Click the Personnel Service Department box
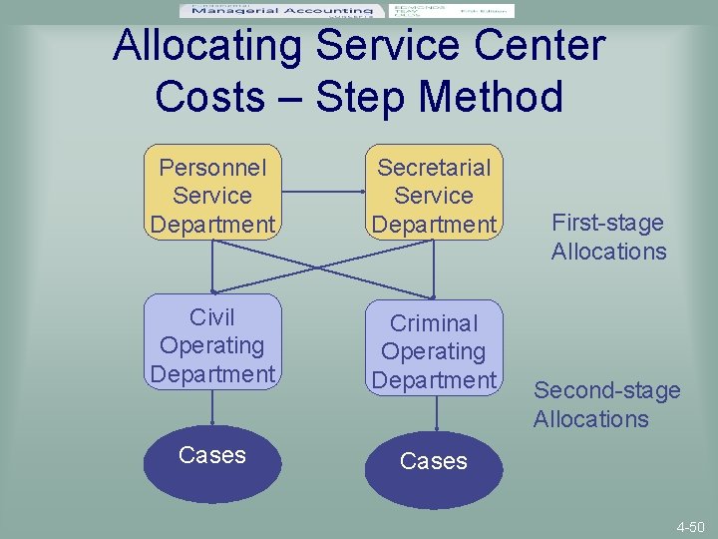[211, 195]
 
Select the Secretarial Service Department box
[434, 195]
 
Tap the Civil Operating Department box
[211, 345]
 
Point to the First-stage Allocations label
[608, 237]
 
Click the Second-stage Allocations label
[606, 404]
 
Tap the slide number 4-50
[690, 526]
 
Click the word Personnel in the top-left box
[211, 167]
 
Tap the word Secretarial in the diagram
[434, 167]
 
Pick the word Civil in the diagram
[211, 317]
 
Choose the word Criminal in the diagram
[434, 323]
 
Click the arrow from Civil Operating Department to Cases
[211, 408]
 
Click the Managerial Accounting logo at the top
[280, 11]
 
